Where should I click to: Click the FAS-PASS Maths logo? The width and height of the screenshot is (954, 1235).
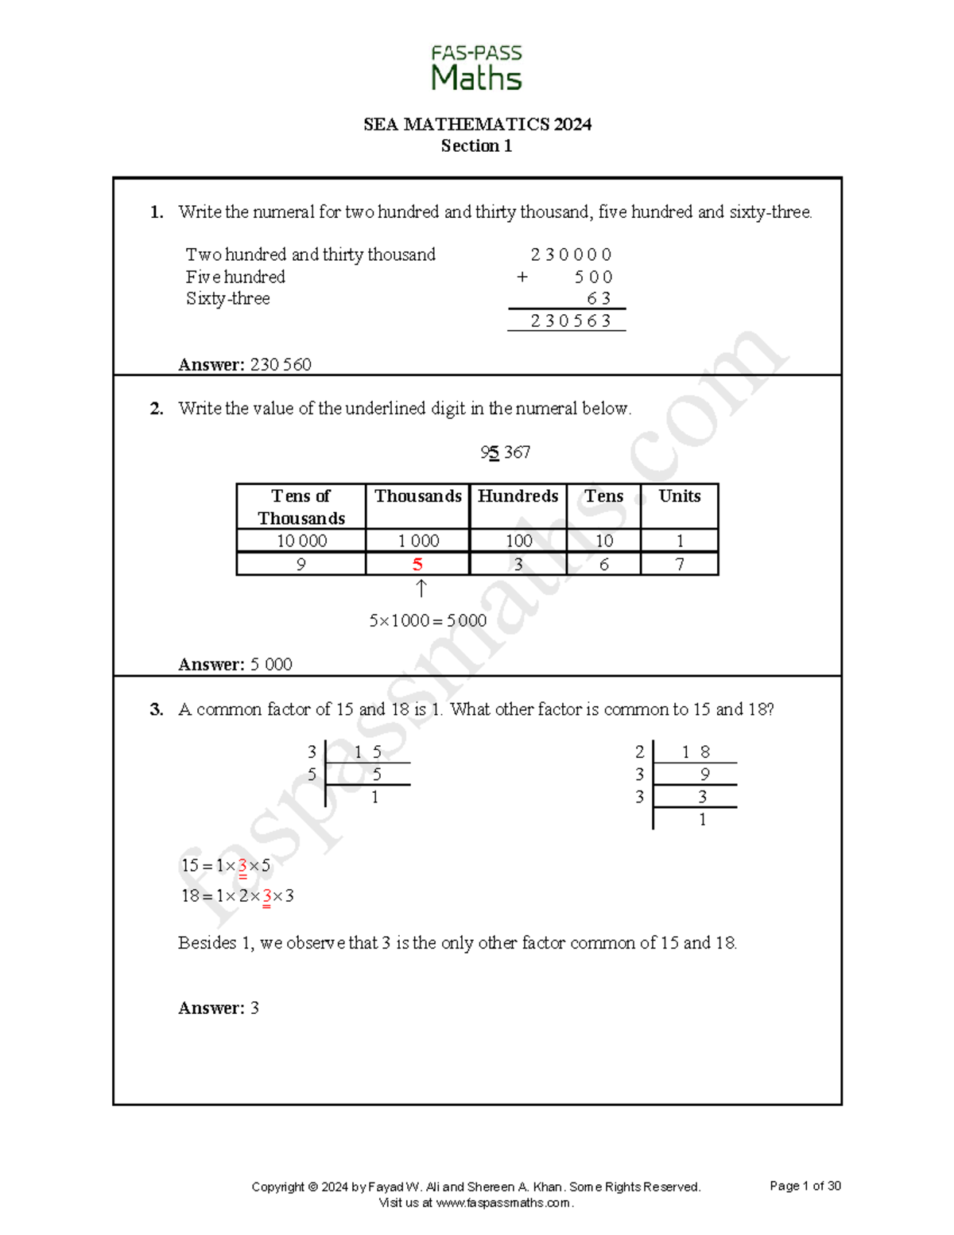tap(476, 68)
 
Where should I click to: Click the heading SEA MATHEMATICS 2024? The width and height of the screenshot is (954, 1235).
tap(477, 124)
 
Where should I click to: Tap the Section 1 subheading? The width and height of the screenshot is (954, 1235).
tap(476, 146)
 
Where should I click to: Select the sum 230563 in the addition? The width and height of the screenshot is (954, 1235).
tap(570, 320)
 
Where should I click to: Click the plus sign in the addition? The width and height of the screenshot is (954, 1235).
tap(522, 277)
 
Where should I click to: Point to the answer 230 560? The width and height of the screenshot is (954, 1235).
tap(281, 364)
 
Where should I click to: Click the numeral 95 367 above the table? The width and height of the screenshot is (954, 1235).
tap(505, 452)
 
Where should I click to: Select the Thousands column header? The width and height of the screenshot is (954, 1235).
tap(417, 496)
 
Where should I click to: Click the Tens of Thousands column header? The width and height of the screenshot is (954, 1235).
tap(301, 507)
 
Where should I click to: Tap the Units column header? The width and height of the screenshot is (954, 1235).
tap(679, 496)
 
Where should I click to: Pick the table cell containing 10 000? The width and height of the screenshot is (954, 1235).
tap(301, 541)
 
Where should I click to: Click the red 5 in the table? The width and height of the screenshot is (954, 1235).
tap(417, 565)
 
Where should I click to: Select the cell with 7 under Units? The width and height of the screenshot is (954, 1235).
tap(679, 565)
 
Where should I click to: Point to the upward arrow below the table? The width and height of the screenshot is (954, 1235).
tap(421, 588)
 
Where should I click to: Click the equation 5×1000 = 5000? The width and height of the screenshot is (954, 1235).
tap(428, 620)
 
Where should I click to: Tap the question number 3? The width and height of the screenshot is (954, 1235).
tap(157, 709)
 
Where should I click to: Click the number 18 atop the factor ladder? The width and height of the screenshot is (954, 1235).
tap(695, 751)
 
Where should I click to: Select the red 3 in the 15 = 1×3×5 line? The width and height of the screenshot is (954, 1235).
tap(242, 866)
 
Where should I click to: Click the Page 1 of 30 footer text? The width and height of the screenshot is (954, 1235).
tap(805, 1186)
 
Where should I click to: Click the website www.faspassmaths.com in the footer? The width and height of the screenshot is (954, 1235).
tap(503, 1202)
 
